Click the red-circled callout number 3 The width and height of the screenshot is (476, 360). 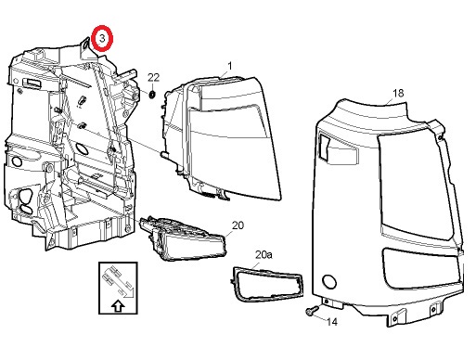point(102,38)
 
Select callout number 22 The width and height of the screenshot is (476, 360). point(153,77)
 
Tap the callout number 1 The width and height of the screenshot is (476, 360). point(230,66)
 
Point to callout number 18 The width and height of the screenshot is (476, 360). point(398,93)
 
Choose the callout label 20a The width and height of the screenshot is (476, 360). point(264,254)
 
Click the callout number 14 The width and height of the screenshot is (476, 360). point(332,322)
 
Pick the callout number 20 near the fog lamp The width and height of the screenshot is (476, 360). point(238,225)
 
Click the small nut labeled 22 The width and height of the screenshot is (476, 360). point(152,95)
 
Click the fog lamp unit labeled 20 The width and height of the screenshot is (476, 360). point(183,238)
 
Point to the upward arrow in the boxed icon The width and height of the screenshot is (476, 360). point(118,306)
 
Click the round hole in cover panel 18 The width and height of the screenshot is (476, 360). point(329,282)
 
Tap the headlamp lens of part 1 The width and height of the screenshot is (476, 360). point(234,139)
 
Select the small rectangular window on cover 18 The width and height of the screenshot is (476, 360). point(324,148)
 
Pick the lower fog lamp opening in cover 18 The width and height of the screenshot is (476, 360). point(420,268)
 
